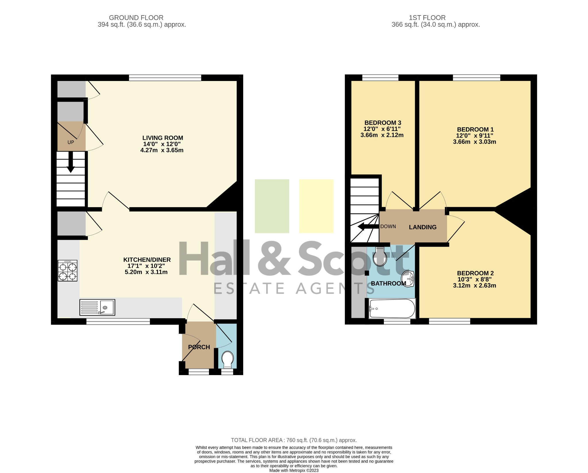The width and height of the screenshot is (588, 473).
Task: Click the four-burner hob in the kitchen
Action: [x=67, y=270]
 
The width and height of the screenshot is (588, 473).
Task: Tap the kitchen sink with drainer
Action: [x=97, y=307]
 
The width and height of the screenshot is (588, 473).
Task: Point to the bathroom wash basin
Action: [x=408, y=279]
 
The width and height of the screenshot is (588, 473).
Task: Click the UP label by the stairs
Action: [x=71, y=142]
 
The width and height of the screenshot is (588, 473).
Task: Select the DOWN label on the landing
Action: [x=388, y=226]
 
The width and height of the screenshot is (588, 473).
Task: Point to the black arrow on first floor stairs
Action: [x=368, y=227]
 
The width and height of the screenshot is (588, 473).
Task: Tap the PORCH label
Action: [x=199, y=347]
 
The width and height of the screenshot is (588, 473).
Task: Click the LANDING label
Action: [x=423, y=227]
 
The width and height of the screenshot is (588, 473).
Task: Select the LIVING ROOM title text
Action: [x=163, y=138]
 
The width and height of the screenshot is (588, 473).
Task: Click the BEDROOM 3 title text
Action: [x=383, y=123]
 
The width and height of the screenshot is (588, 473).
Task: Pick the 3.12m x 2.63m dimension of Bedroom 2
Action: [x=475, y=285]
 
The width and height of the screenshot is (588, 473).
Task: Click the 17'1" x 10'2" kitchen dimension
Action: [x=146, y=266]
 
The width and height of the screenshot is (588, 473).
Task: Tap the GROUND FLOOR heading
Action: [x=136, y=18]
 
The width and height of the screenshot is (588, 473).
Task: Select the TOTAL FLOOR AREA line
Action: [x=294, y=440]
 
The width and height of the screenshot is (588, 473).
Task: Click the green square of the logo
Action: [x=272, y=206]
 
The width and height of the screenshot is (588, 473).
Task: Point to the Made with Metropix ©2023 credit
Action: [x=294, y=470]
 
